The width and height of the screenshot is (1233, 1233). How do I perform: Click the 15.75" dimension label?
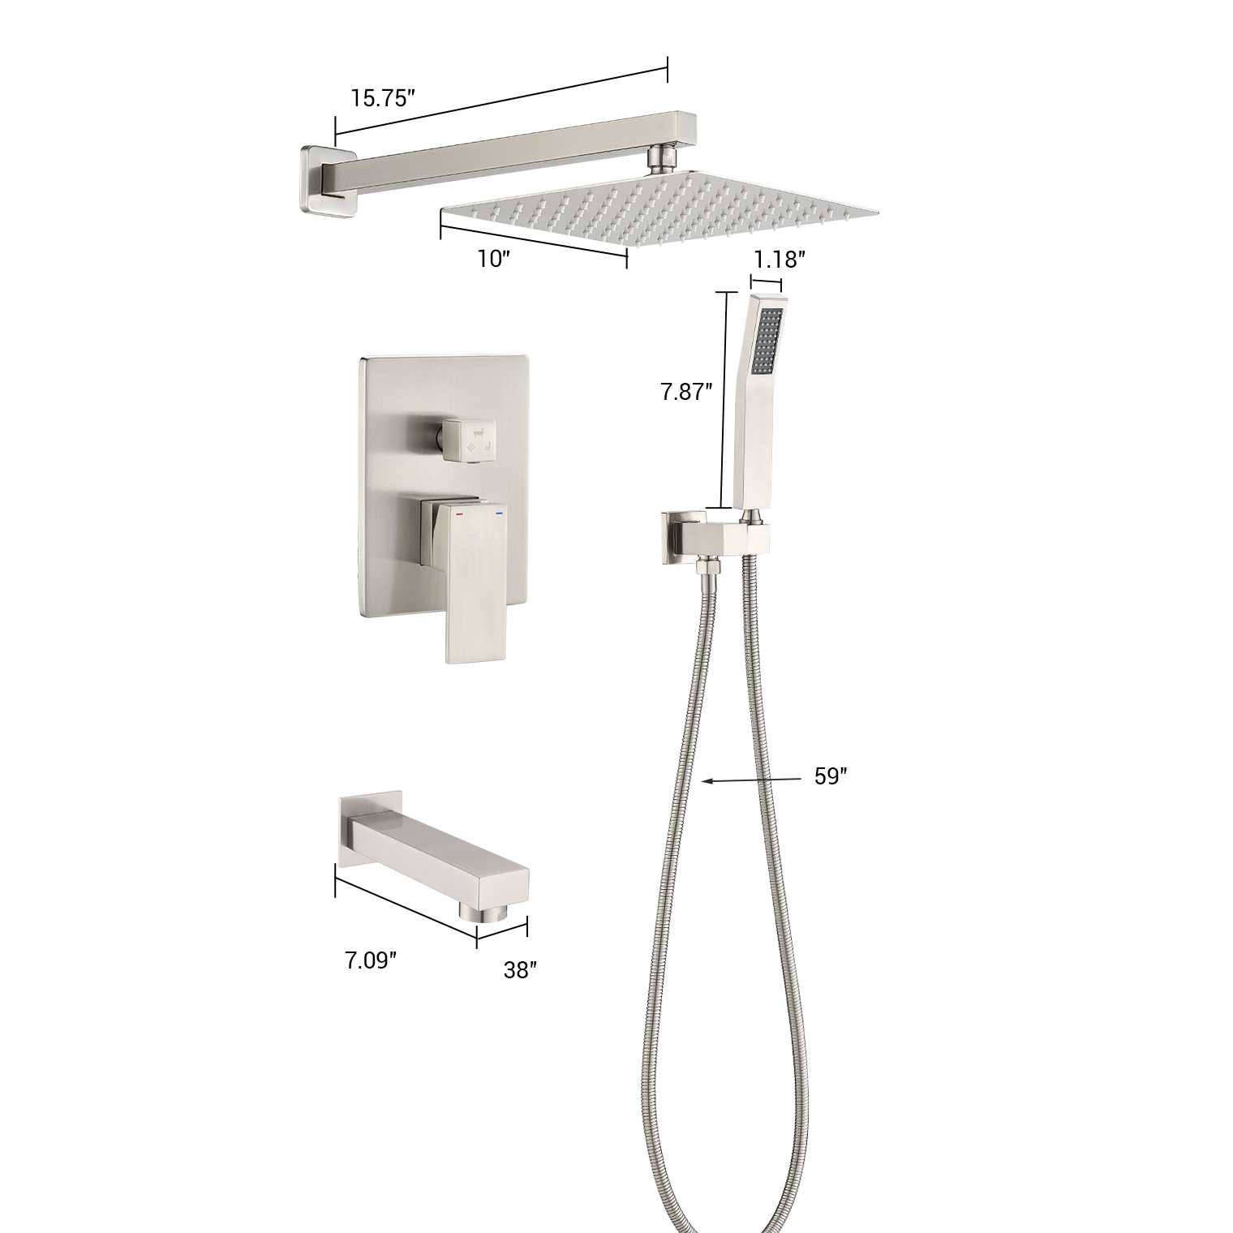pos(383,98)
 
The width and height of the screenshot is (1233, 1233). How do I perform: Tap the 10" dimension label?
pos(494,259)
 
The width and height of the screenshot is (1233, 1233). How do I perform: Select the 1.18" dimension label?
pos(779,260)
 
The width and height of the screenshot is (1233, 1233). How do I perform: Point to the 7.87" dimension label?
pos(686,392)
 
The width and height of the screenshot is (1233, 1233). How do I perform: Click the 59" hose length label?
pos(831,776)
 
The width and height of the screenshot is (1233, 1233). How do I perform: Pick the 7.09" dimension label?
pos(371,960)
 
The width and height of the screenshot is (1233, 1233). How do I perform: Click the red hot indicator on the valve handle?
pos(459,514)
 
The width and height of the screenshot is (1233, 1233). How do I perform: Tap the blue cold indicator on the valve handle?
pos(498,514)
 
